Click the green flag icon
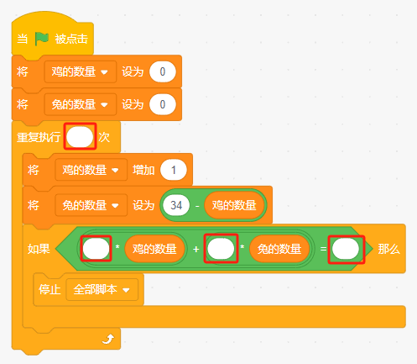point(42,39)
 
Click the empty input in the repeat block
point(80,137)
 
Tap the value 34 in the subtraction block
point(176,205)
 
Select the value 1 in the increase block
point(174,170)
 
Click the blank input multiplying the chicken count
point(96,249)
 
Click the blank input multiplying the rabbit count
point(221,249)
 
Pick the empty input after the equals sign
point(346,249)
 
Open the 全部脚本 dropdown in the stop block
point(102,289)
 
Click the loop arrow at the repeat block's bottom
point(108,339)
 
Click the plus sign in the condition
point(196,249)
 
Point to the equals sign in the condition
point(323,249)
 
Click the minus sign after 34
point(197,206)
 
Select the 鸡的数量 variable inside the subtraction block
point(234,205)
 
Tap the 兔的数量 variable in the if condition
point(279,249)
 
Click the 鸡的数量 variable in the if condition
point(154,249)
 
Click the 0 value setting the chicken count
point(163,71)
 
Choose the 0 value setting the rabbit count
point(163,104)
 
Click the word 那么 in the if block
point(389,249)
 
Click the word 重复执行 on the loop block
point(39,137)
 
